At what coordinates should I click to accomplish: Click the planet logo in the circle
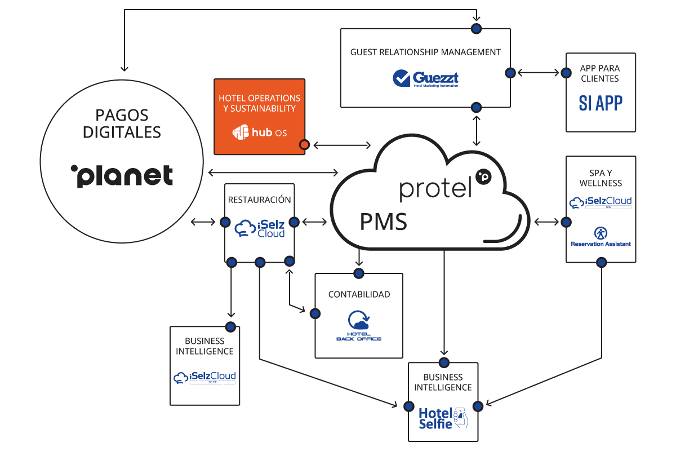click(x=122, y=176)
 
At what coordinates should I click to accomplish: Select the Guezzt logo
click(x=426, y=78)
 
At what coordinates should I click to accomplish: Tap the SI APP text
click(x=601, y=103)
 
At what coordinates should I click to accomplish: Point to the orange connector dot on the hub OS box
click(x=304, y=145)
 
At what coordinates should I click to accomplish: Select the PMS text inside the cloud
click(x=383, y=222)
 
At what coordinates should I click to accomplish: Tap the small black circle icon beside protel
click(x=483, y=176)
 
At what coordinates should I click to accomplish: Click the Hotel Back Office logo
click(x=359, y=326)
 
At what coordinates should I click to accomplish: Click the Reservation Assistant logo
click(x=601, y=236)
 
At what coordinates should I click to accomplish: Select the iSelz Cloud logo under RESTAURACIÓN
click(x=260, y=228)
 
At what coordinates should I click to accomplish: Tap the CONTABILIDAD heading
click(x=359, y=294)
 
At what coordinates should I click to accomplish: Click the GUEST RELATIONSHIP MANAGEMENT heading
click(x=425, y=52)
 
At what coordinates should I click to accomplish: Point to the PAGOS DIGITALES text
click(x=122, y=123)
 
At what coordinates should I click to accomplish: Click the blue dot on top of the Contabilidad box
click(x=358, y=273)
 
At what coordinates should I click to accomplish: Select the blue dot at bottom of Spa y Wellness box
click(x=601, y=262)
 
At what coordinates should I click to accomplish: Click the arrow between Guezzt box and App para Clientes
click(x=538, y=73)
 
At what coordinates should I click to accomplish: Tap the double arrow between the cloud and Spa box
click(x=546, y=222)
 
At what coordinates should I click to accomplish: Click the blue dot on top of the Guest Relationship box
click(x=477, y=28)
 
